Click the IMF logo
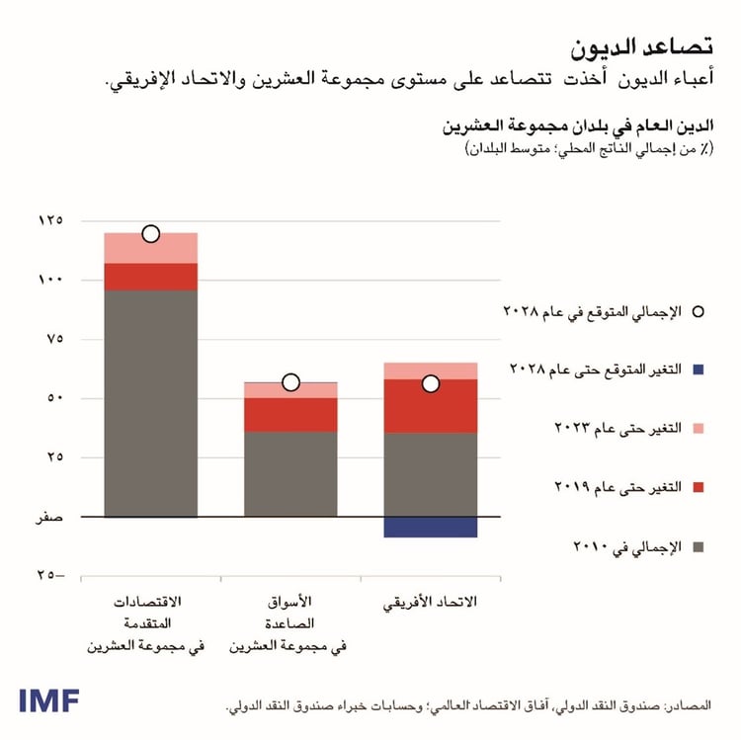pyautogui.click(x=48, y=699)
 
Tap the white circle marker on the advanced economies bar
pyautogui.click(x=150, y=234)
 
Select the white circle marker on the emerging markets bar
pyautogui.click(x=290, y=382)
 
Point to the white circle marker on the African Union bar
pyautogui.click(x=431, y=383)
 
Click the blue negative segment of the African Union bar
pyautogui.click(x=430, y=527)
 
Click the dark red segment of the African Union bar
pyautogui.click(x=430, y=406)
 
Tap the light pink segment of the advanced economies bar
pyautogui.click(x=150, y=248)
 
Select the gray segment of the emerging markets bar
pyautogui.click(x=290, y=474)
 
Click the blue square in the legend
pyautogui.click(x=698, y=370)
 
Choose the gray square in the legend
pyautogui.click(x=698, y=546)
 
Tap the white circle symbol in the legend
pyautogui.click(x=698, y=311)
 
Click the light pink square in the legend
pyautogui.click(x=698, y=428)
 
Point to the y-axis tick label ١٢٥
pyautogui.click(x=49, y=219)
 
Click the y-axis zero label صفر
pyautogui.click(x=49, y=517)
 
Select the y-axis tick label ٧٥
pyautogui.click(x=52, y=339)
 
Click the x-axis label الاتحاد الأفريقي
pyautogui.click(x=430, y=603)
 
